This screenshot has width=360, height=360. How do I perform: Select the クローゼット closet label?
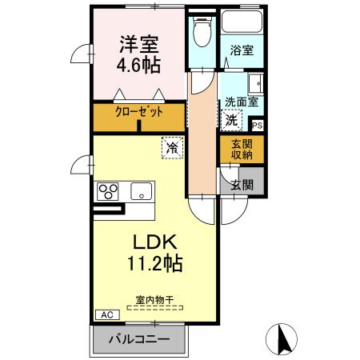coord(138,112)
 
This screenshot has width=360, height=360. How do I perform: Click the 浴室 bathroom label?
coord(243,50)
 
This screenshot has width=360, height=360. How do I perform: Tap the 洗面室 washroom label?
coord(239,103)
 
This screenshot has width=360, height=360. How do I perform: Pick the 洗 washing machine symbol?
coord(230,122)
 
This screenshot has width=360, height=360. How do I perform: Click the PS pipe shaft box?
coord(258,125)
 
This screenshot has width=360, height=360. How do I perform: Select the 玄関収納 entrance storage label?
coord(241,150)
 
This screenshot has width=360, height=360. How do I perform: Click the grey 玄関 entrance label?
coord(242,184)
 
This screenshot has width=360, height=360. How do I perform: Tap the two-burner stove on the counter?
coord(108,191)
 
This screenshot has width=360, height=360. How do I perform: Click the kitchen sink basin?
coord(142,191)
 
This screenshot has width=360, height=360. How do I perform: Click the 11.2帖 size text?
coord(153,262)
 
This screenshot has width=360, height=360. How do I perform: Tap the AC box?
coord(106,315)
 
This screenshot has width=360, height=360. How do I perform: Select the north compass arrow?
coord(282,338)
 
